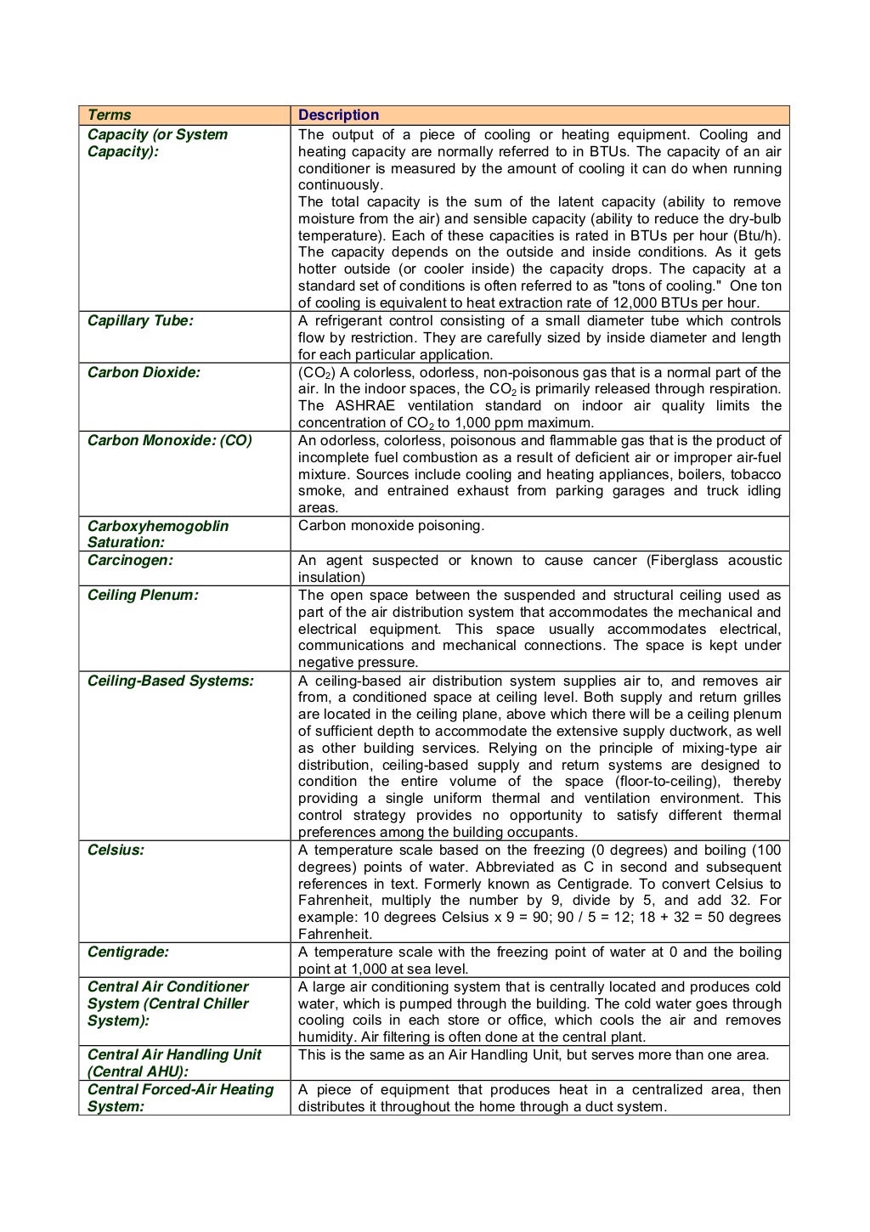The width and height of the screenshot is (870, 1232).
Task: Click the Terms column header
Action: [x=110, y=115]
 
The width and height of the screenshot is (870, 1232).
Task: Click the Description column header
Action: [x=338, y=115]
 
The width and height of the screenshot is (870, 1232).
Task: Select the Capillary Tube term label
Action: [x=140, y=320]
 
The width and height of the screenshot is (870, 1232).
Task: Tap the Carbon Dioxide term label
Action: [x=144, y=372]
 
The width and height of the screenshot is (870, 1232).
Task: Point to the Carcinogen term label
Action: [x=130, y=560]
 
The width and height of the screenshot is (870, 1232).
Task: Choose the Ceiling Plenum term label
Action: [x=143, y=595]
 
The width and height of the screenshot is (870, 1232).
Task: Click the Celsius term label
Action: [x=116, y=850]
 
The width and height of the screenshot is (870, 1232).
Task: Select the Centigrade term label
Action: [x=128, y=952]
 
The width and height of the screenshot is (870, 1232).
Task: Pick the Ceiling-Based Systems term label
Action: [x=171, y=681]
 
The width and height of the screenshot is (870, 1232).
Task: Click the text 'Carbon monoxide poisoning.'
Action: [x=391, y=525]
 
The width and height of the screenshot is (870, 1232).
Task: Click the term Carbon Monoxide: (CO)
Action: [x=170, y=440]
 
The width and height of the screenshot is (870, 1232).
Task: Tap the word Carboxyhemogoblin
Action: [x=158, y=525]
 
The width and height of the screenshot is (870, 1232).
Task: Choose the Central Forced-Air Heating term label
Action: [x=180, y=1089]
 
